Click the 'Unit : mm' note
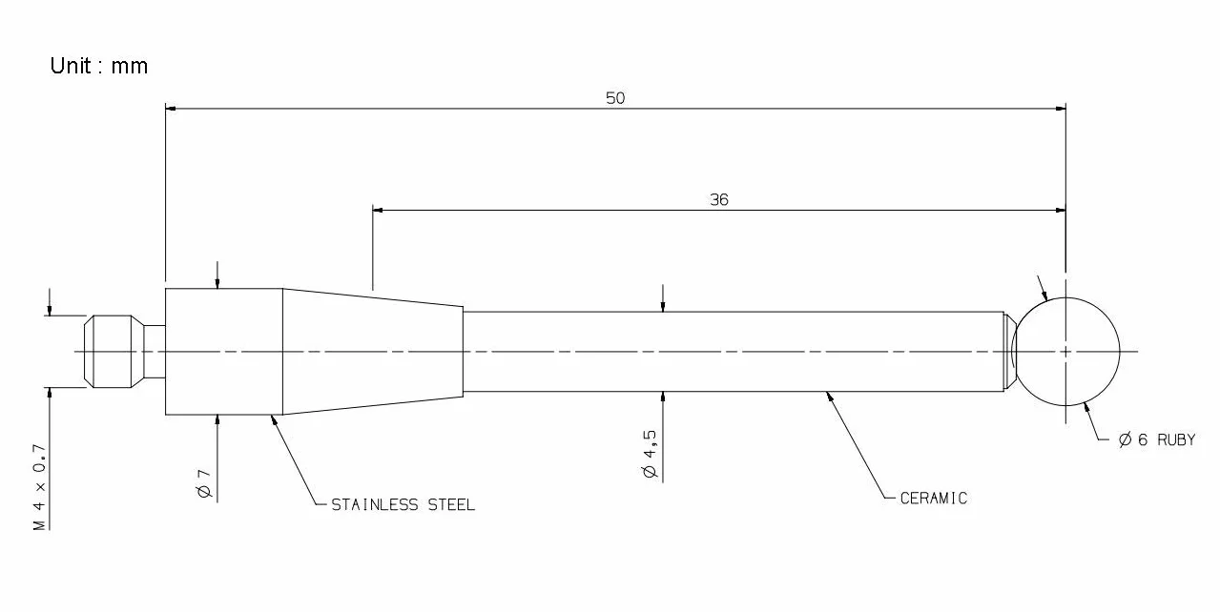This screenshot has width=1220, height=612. [98, 66]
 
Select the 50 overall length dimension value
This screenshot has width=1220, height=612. [615, 98]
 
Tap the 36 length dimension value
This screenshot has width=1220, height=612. [719, 200]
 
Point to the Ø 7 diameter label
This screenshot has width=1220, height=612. [204, 483]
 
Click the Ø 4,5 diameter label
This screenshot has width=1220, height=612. [651, 454]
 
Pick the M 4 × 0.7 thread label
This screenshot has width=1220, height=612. [39, 487]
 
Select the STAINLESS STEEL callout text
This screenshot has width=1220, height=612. [403, 505]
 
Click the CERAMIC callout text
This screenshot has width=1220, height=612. [934, 499]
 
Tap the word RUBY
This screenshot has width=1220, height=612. [1176, 440]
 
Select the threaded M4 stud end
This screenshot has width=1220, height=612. [113, 352]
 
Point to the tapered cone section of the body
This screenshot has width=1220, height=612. [373, 352]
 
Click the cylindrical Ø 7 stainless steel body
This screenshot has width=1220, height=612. [224, 352]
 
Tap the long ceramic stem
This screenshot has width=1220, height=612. [734, 352]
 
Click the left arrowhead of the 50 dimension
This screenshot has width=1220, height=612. [171, 109]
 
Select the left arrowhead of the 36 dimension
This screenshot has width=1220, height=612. [378, 210]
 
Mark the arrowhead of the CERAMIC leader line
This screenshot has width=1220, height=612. [830, 396]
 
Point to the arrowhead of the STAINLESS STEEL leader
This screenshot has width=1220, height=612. [274, 419]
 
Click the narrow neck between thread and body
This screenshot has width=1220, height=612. [155, 352]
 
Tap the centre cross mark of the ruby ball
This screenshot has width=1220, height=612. [1065, 352]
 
